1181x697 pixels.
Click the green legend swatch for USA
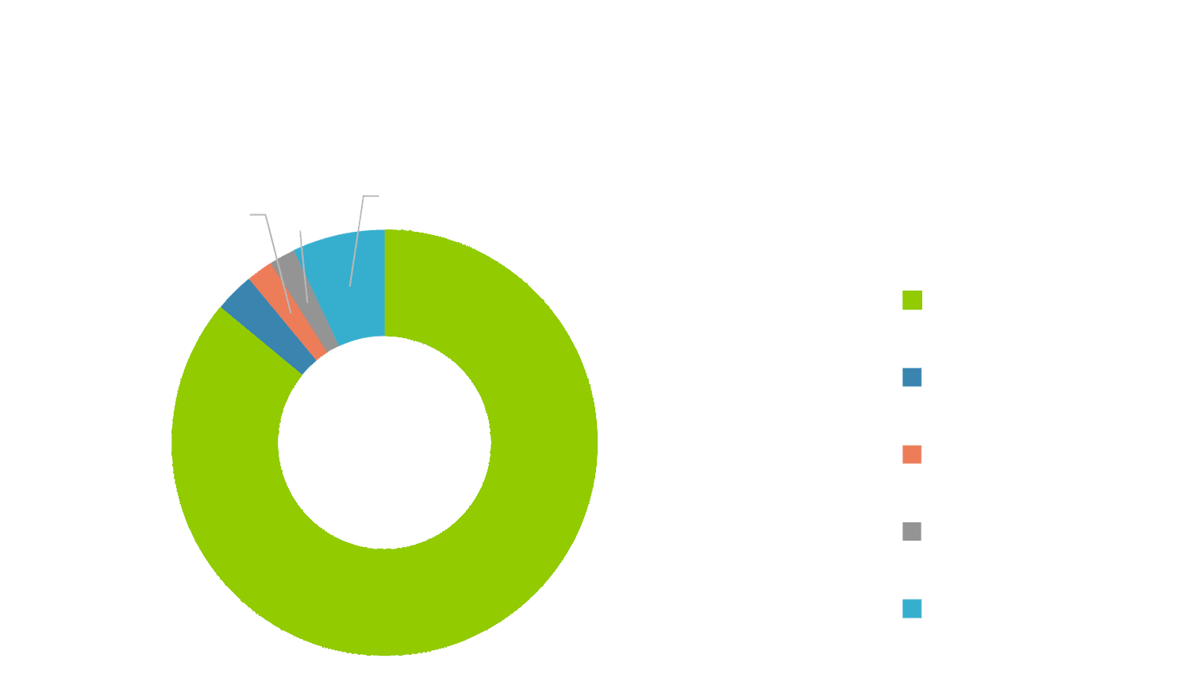pos(912,301)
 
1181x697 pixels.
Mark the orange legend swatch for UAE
pos(912,455)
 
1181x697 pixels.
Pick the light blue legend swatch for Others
pos(912,609)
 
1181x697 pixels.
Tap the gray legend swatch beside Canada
pos(912,532)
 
